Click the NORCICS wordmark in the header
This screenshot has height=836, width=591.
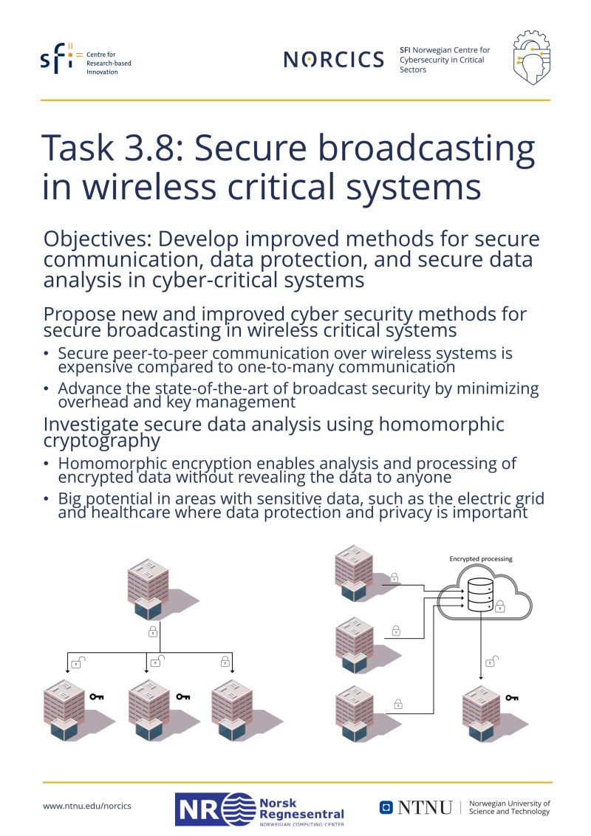click(x=334, y=60)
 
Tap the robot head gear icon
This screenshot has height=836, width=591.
click(x=531, y=58)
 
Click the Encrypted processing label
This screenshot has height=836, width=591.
click(x=480, y=559)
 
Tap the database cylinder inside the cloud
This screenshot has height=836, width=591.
click(x=480, y=595)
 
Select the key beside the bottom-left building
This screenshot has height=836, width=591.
click(x=97, y=696)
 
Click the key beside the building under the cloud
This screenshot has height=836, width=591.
click(x=511, y=697)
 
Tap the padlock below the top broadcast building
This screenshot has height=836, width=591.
click(x=153, y=631)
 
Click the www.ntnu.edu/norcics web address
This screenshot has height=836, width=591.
click(x=87, y=806)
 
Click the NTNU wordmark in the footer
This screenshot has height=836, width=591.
click(x=424, y=808)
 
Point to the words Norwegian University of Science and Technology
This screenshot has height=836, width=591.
click(x=510, y=807)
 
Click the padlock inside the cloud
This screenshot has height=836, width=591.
click(x=500, y=606)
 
